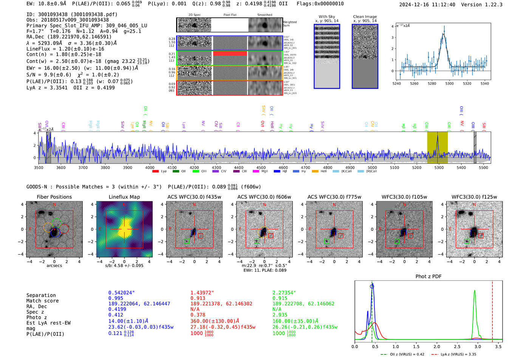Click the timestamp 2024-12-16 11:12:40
[x=427, y=5]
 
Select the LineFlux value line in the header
[x=65, y=49]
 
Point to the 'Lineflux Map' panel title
[x=124, y=197]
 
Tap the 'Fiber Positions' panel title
[x=54, y=197]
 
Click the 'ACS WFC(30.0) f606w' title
[x=264, y=197]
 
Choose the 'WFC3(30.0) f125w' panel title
[x=474, y=197]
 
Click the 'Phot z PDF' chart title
[x=428, y=277]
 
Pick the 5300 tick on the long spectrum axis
[x=439, y=168]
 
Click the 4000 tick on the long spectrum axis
[x=150, y=168]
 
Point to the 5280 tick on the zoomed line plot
[x=432, y=83]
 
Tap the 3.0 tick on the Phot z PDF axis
[x=478, y=346]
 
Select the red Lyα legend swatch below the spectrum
[x=155, y=172]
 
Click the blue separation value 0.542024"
[x=121, y=293]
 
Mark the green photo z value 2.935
[x=280, y=315]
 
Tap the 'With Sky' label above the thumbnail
[x=326, y=17]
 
